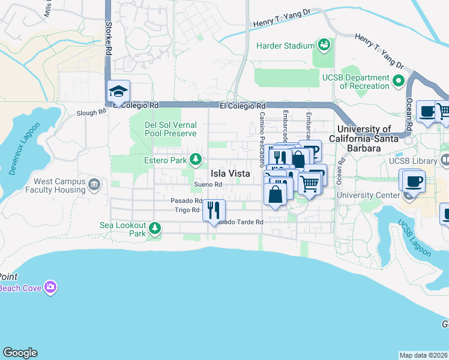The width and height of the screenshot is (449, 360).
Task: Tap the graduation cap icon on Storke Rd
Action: coord(118,92)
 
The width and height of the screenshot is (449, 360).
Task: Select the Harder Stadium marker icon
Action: coord(324,45)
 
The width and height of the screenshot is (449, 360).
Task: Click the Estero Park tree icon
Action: coord(195,160)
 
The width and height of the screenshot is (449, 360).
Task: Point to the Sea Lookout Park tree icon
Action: coord(155,229)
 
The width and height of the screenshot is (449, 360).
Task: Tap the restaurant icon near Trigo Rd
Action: coord(214,210)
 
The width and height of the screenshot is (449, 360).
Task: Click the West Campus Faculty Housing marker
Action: coord(94,184)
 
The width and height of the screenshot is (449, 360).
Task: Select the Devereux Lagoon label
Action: coord(23,149)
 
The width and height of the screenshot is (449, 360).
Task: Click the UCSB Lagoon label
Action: coord(414,239)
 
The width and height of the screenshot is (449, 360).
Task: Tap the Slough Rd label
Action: coord(90,113)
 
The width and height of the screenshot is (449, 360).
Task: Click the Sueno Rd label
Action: coord(208,184)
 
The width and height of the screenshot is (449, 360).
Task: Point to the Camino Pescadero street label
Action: coord(262,139)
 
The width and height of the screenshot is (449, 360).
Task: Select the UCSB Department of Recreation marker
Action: coord(397,80)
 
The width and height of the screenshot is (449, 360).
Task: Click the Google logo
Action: coord(20,353)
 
